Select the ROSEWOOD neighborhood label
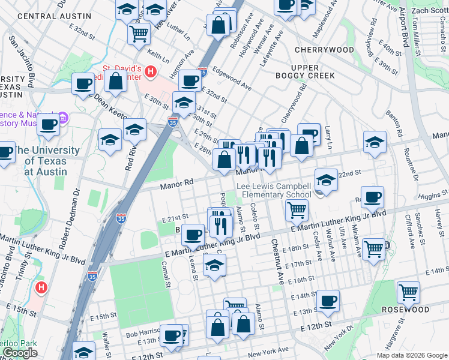pos(405,310)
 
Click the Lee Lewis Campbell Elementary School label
pos(274,190)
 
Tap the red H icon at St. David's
pos(151,72)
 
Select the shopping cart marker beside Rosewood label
pos(408,292)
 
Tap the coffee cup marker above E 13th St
pos(328,301)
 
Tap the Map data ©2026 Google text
pos(411,355)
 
